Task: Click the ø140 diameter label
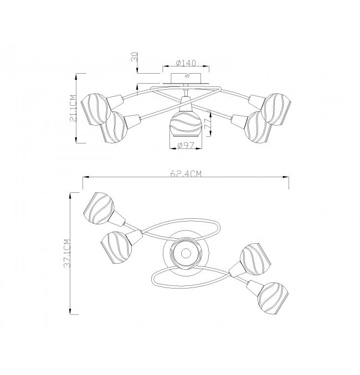tap(186, 63)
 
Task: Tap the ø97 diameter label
tap(186, 145)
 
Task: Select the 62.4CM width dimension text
tap(186, 173)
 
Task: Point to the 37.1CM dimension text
tap(67, 253)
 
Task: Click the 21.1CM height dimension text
tap(73, 109)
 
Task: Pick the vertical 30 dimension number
tap(135, 57)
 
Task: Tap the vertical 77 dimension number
tap(208, 124)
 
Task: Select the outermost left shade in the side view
tap(96, 109)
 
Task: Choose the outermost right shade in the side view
tap(276, 109)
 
